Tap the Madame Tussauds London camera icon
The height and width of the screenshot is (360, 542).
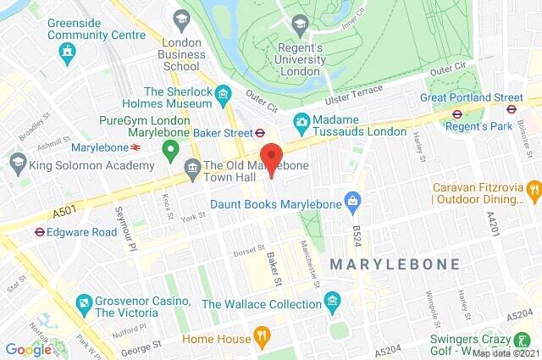pos(301,122)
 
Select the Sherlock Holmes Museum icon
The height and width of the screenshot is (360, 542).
pos(224,92)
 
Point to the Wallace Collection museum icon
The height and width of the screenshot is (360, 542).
pos(334,301)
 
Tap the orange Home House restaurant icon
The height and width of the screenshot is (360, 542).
pos(263,337)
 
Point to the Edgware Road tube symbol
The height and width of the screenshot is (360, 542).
pos(39,230)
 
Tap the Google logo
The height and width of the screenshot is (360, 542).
pos(28,348)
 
